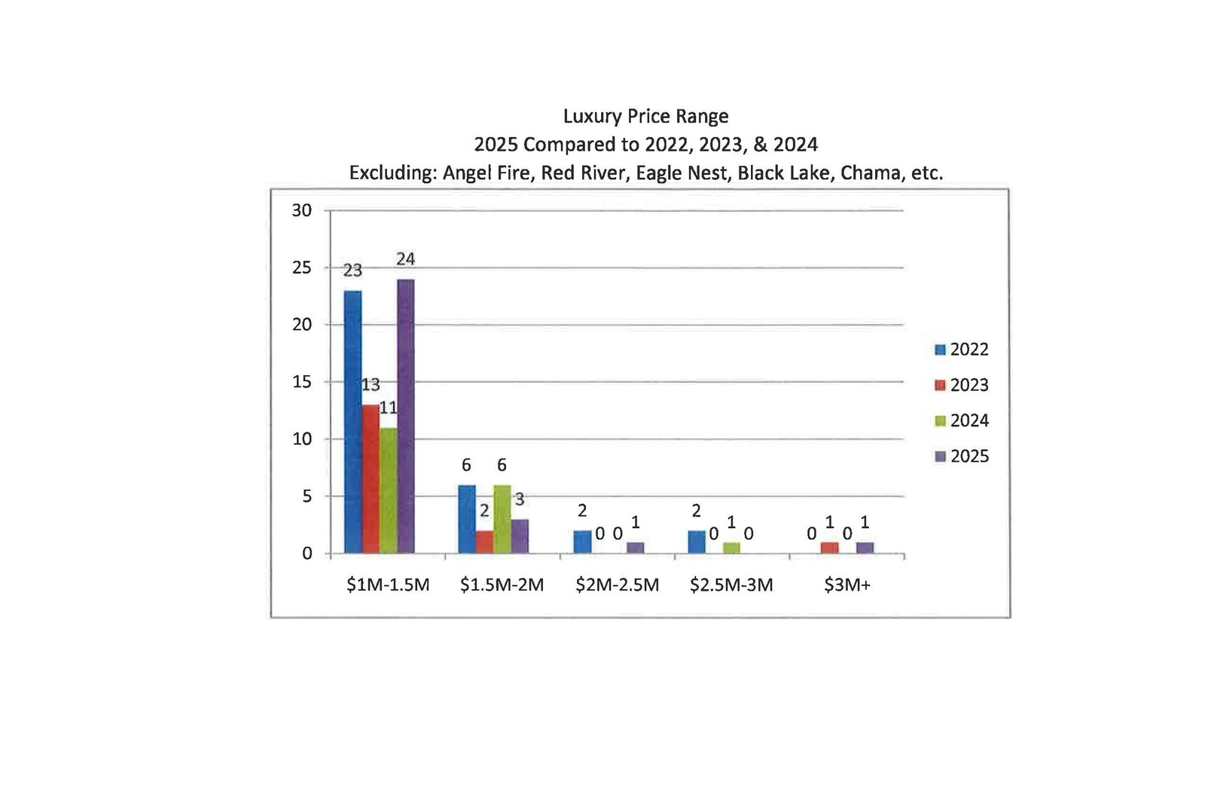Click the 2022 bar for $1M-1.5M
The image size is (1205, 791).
tap(352, 422)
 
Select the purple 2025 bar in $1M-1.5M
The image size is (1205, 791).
tap(405, 416)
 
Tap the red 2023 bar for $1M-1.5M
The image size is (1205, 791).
tap(371, 479)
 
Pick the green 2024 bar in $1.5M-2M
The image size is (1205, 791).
tap(502, 519)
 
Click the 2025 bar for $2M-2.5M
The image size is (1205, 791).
tap(635, 548)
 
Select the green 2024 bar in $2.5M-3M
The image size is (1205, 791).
tap(731, 548)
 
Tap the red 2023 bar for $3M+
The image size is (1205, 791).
tap(829, 548)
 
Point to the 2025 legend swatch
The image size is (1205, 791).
tap(940, 457)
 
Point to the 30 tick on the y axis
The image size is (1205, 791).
tap(302, 211)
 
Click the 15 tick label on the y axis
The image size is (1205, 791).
tap(302, 382)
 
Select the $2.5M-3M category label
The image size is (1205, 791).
tap(731, 585)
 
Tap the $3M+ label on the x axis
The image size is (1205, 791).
tap(847, 585)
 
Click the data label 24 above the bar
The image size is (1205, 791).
tap(405, 259)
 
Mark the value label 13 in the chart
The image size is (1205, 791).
tap(371, 385)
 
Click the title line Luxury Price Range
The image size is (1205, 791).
tap(646, 117)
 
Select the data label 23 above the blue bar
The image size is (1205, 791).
tap(352, 270)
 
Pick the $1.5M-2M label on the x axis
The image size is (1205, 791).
tap(502, 585)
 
